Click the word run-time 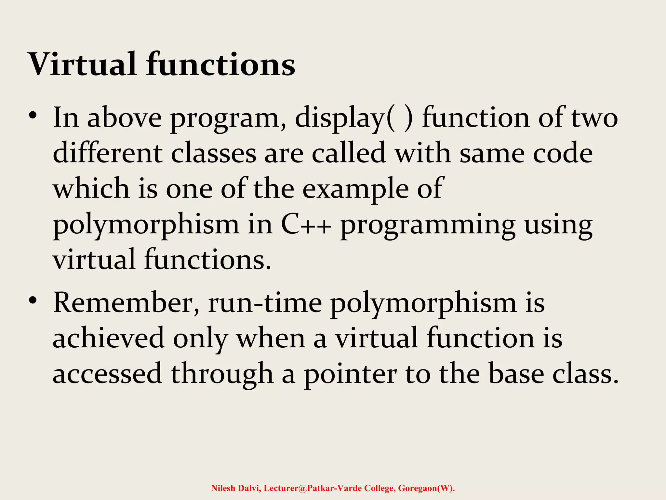click(x=265, y=303)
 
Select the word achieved click(x=108, y=339)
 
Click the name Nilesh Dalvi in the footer click(x=235, y=488)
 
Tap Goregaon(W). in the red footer click(x=426, y=488)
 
